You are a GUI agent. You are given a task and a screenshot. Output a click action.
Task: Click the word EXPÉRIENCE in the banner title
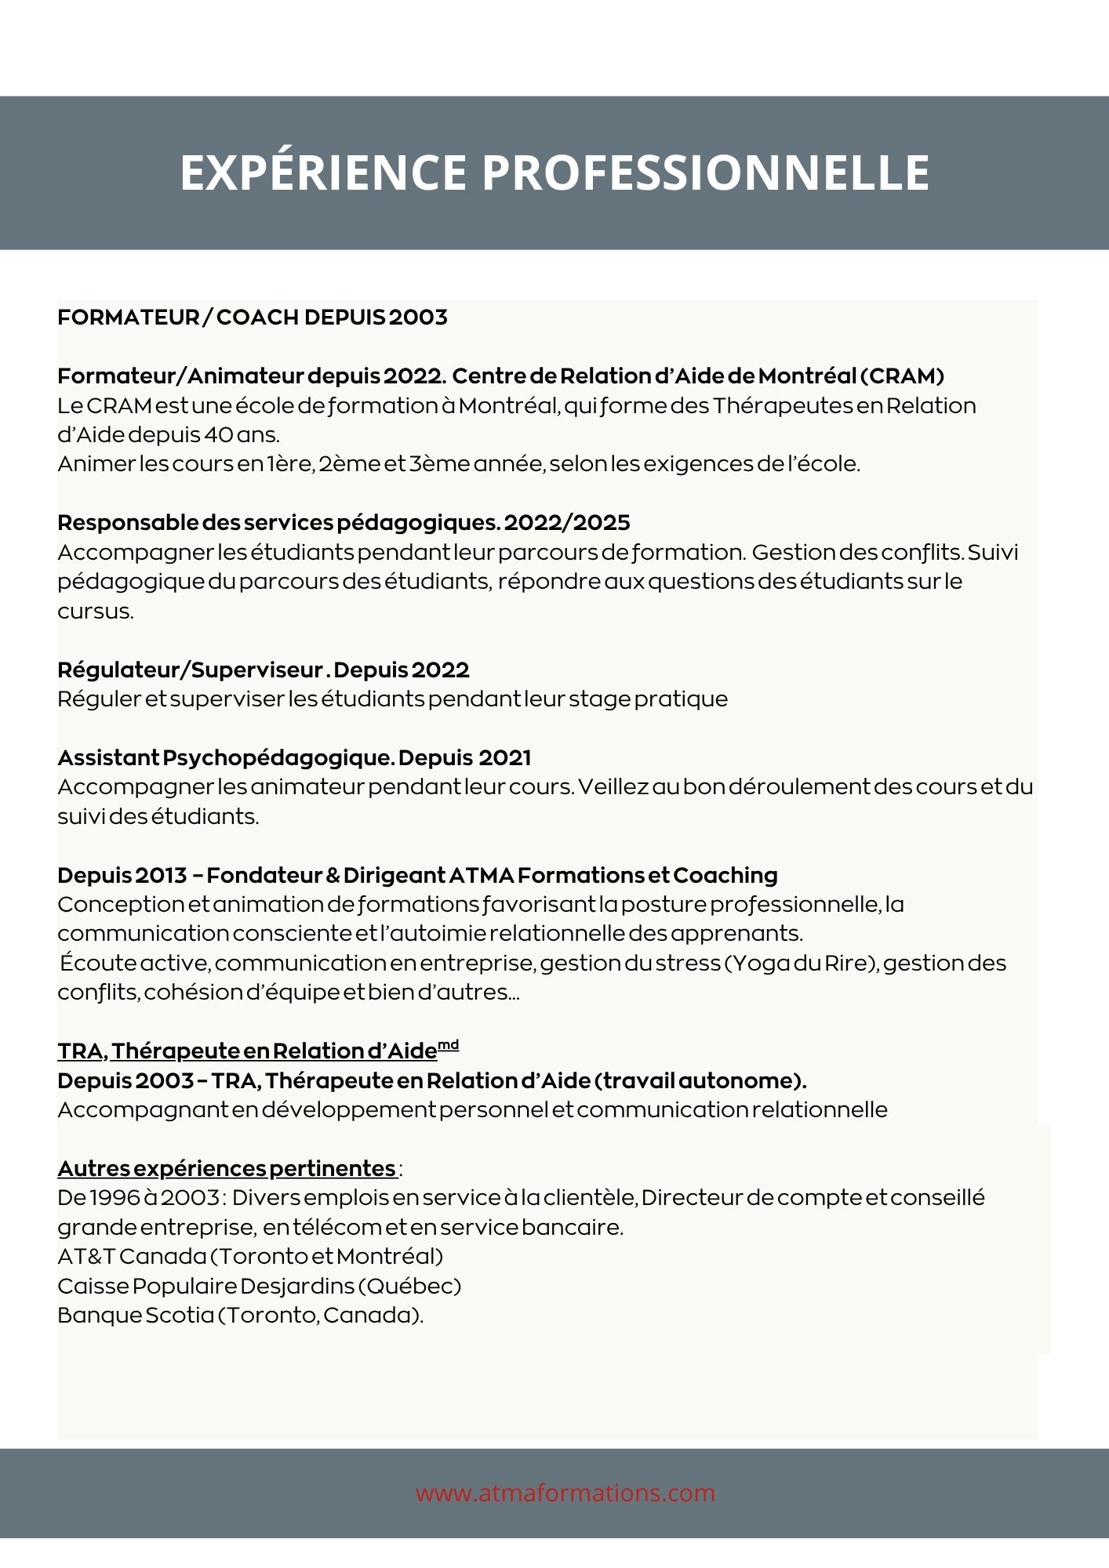[x=323, y=172]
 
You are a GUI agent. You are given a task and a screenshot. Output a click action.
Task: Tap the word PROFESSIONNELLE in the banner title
[x=705, y=172]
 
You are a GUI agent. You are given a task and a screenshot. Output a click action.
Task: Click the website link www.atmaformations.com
[x=565, y=1493]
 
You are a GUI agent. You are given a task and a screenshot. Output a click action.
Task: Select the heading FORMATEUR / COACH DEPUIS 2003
[x=253, y=318]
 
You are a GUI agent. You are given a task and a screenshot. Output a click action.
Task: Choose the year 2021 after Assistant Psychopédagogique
[x=504, y=758]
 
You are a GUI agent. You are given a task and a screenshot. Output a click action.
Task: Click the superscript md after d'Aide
[x=448, y=1045]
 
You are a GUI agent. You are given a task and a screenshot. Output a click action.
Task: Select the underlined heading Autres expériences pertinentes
[x=227, y=1169]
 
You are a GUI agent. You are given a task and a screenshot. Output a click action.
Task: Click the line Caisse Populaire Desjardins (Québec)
[x=259, y=1287]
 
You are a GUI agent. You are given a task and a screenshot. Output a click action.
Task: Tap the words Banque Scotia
[x=135, y=1316]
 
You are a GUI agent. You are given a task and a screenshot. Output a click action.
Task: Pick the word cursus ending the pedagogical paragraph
[x=94, y=612]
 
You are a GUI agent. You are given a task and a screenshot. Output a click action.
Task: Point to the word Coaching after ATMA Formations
[x=725, y=876]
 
